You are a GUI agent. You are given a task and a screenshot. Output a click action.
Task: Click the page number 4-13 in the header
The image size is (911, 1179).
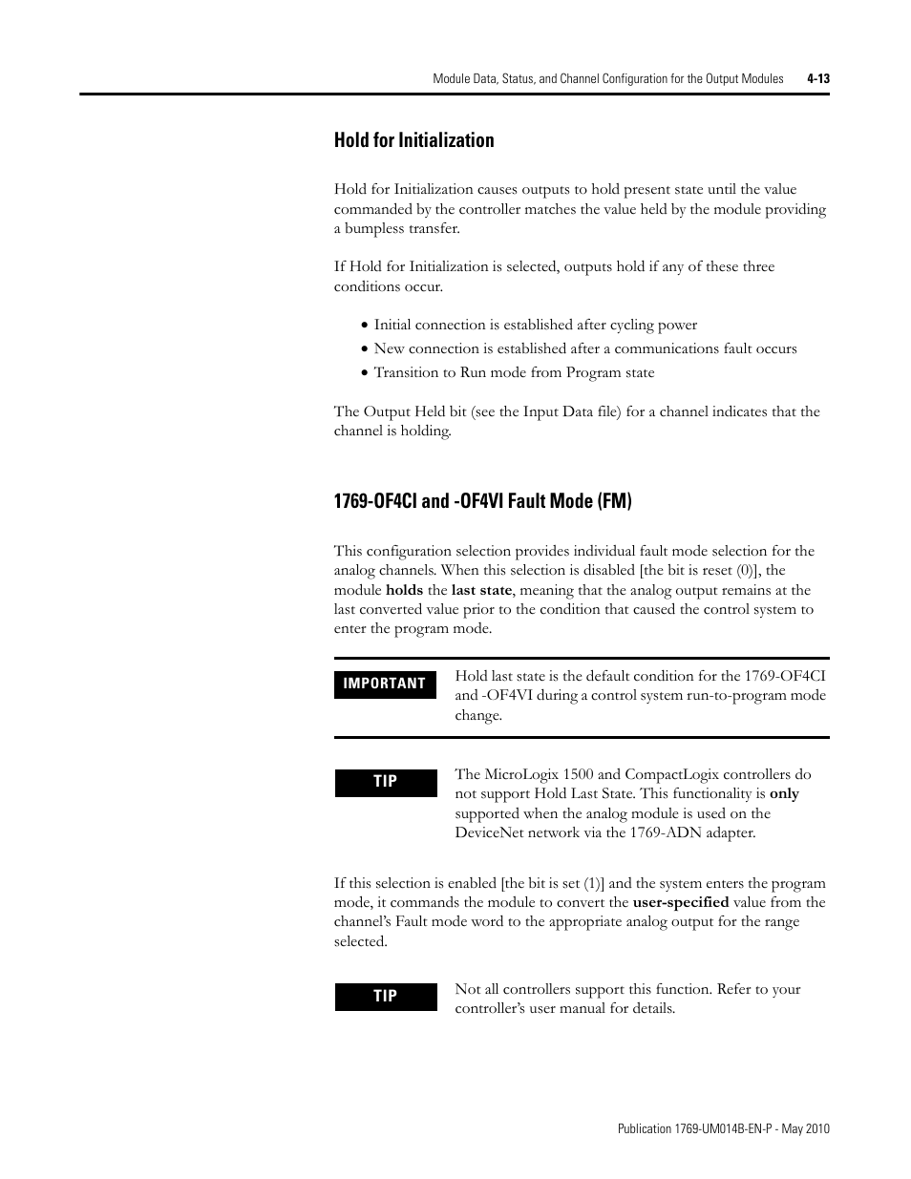tap(817, 79)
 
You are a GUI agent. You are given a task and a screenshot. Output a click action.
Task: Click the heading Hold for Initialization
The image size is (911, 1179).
tap(413, 140)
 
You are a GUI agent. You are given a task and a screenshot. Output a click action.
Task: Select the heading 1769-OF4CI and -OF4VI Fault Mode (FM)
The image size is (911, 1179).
tap(482, 500)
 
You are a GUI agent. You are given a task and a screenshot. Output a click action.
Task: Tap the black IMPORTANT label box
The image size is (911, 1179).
tap(385, 684)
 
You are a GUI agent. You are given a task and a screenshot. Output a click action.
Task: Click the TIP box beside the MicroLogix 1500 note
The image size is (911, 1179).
tap(385, 782)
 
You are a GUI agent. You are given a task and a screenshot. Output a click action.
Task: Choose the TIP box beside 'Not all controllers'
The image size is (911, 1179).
tap(385, 997)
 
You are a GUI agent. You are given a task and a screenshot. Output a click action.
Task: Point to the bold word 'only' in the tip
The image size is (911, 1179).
tap(784, 793)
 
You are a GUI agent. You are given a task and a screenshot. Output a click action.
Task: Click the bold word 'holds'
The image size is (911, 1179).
tap(404, 590)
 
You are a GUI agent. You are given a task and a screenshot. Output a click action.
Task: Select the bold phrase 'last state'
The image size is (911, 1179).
tap(481, 590)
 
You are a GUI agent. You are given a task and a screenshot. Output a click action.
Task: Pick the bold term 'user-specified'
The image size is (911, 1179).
tap(681, 902)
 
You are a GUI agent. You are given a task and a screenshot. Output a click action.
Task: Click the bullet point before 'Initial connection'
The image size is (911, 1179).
tap(364, 326)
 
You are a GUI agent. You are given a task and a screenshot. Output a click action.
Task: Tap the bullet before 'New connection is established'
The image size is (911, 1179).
tap(364, 349)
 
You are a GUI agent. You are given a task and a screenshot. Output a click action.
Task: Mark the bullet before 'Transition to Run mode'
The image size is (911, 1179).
tap(364, 373)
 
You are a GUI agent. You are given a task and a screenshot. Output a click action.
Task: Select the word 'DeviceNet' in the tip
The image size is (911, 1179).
tap(491, 832)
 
